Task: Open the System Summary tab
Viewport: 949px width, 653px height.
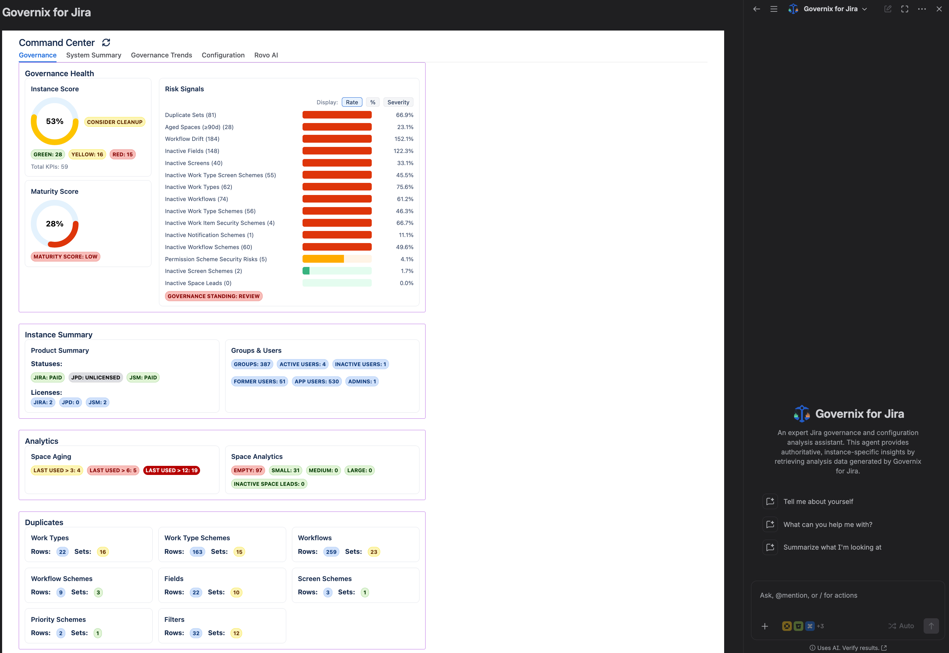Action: (94, 55)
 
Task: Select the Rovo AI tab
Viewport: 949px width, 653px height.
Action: (266, 55)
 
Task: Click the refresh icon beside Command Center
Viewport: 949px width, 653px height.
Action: (106, 43)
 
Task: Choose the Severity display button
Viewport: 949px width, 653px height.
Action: (398, 102)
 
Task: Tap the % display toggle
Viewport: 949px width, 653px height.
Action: (373, 102)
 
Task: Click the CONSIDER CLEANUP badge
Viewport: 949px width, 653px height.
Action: (115, 122)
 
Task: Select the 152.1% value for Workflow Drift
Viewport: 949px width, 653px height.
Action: (404, 139)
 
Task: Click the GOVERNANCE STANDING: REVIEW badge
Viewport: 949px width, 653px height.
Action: (213, 296)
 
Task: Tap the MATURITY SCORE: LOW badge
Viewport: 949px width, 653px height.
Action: (66, 257)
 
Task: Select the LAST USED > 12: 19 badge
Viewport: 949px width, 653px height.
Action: (171, 470)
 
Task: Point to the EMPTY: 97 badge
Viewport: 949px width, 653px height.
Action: (248, 470)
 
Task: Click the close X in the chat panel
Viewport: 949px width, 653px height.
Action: (939, 9)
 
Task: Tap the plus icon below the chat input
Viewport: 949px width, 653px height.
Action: (765, 626)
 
